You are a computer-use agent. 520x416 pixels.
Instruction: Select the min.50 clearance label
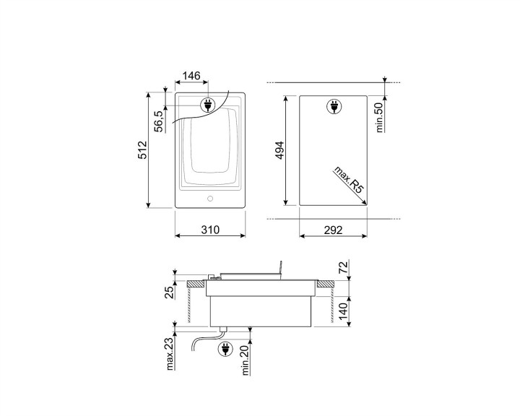coord(378,116)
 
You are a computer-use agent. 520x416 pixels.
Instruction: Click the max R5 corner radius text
coord(348,181)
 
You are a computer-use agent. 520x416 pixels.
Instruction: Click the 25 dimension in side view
coord(168,292)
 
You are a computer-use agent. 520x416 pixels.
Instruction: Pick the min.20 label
coord(246,358)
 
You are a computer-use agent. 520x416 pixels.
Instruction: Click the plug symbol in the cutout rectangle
coord(334,107)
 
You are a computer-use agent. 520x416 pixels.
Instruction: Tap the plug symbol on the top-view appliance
coord(207,106)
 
